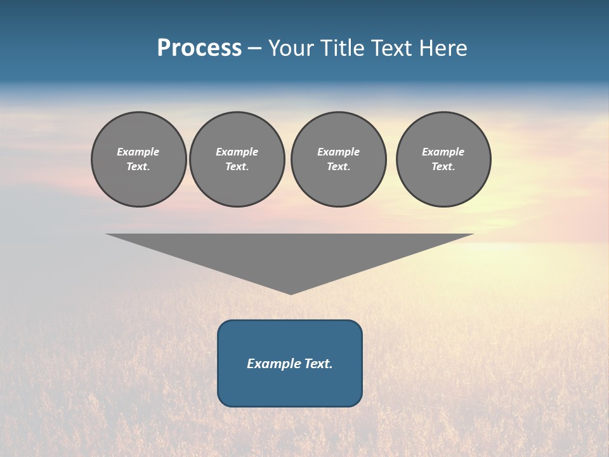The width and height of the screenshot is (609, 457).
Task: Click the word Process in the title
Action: pyautogui.click(x=199, y=48)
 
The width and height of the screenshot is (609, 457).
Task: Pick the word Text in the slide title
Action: pyautogui.click(x=392, y=48)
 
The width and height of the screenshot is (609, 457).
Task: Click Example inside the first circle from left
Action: pyautogui.click(x=138, y=152)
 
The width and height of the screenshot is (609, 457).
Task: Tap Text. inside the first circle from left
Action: pyautogui.click(x=138, y=166)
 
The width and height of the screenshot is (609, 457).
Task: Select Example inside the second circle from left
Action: pyautogui.click(x=237, y=152)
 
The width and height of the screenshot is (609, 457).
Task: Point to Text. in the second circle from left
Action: pyautogui.click(x=237, y=166)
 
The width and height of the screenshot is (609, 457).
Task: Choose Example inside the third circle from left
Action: pyautogui.click(x=338, y=152)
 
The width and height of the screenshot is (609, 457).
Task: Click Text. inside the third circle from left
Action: pyautogui.click(x=338, y=166)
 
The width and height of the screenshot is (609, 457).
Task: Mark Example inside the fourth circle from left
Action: pyautogui.click(x=443, y=152)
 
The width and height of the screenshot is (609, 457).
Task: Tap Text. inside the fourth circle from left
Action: pyautogui.click(x=443, y=166)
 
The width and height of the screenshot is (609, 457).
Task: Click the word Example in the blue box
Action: pyautogui.click(x=273, y=364)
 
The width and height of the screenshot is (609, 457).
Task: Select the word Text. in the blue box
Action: pyautogui.click(x=318, y=364)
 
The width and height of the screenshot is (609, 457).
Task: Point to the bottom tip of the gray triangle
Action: pyautogui.click(x=291, y=293)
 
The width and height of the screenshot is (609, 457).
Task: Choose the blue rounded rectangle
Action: pyautogui.click(x=290, y=387)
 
